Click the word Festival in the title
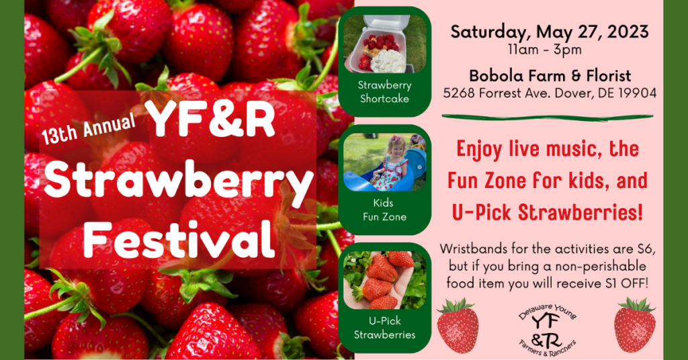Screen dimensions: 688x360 pos(179,239)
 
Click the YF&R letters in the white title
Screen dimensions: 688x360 pos(211,119)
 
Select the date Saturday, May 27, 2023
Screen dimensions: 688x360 pos(550,32)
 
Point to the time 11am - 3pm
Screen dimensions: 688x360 pos(545,50)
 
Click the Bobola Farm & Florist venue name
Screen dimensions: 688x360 pos(550,76)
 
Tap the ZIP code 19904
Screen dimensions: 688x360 pos(638,93)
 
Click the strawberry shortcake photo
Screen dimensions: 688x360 pos(385,44)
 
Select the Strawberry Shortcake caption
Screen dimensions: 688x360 pos(385,91)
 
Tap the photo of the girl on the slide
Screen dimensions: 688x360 pos(385,163)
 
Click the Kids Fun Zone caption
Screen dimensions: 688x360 pos(385,210)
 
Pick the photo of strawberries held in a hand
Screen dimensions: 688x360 pos(385,280)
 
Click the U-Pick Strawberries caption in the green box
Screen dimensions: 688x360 pos(385,328)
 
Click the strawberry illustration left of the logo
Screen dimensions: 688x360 pos(458,325)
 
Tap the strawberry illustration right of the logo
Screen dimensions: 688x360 pos(635,324)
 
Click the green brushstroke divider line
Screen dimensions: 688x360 pos(547,117)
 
